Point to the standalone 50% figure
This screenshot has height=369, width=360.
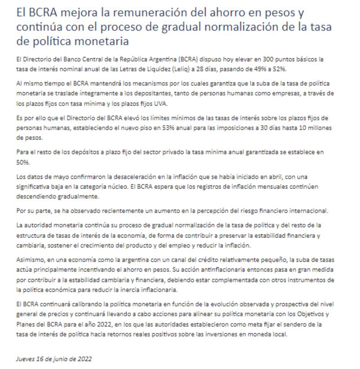[22, 161]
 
